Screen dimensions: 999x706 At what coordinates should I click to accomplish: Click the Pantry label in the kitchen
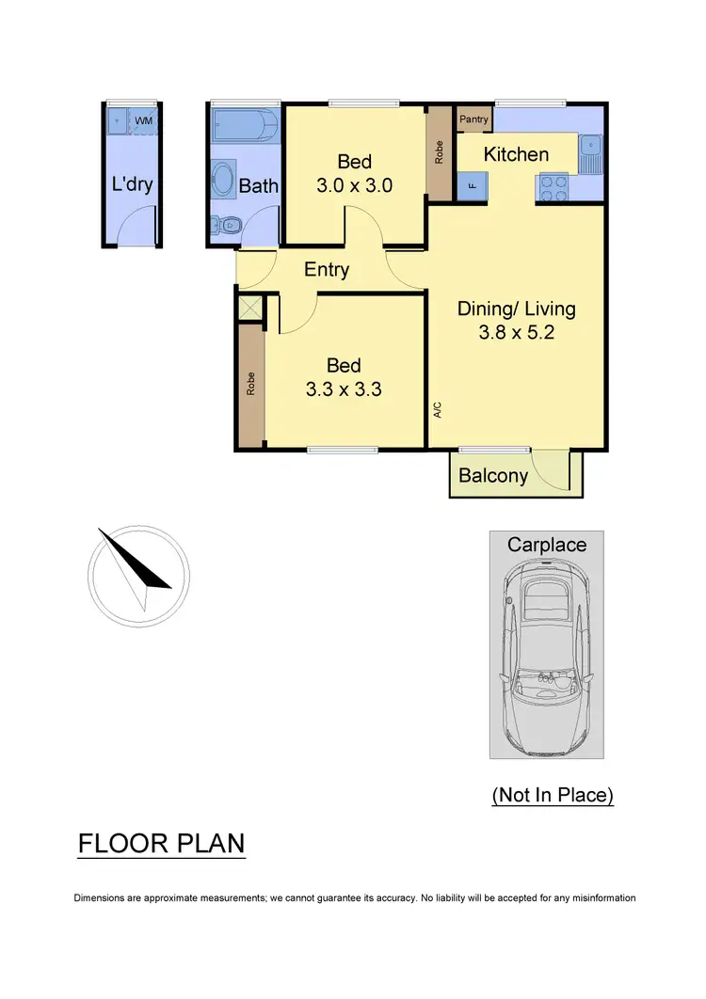pos(474,119)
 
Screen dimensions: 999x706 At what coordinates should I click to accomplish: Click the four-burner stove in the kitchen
pos(554,187)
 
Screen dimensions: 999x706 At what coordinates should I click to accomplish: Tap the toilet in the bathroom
pos(227,225)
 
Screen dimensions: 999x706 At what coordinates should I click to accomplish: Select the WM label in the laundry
pos(143,121)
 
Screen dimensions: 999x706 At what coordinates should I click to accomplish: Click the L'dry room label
pos(132,184)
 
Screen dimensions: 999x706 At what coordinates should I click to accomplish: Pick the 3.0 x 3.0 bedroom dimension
pos(354,185)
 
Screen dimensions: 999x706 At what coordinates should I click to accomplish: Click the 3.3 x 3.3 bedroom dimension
pos(344,388)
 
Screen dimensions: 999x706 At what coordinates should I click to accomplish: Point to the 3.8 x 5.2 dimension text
pos(516,331)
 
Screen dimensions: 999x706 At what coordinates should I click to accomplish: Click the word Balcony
pos(493,476)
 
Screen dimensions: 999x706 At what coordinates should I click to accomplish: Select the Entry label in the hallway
pos(327,270)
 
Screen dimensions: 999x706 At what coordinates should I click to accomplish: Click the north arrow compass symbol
pos(138,576)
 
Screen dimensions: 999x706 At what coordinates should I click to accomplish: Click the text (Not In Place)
pos(553,795)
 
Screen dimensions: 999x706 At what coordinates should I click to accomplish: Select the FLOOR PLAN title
pos(161,843)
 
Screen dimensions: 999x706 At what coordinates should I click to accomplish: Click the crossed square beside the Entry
pos(249,308)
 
